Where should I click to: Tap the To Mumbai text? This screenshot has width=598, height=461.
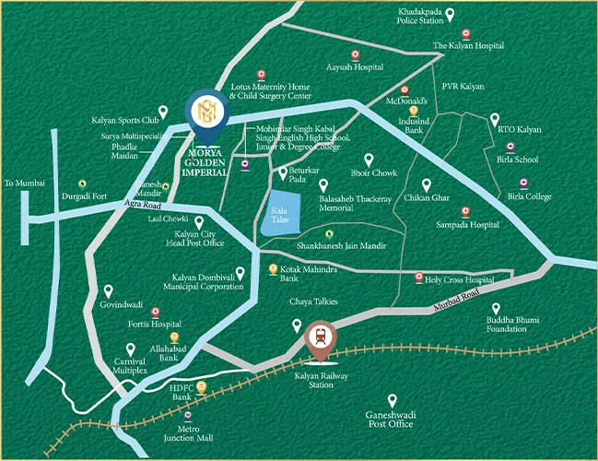tap(24, 183)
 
